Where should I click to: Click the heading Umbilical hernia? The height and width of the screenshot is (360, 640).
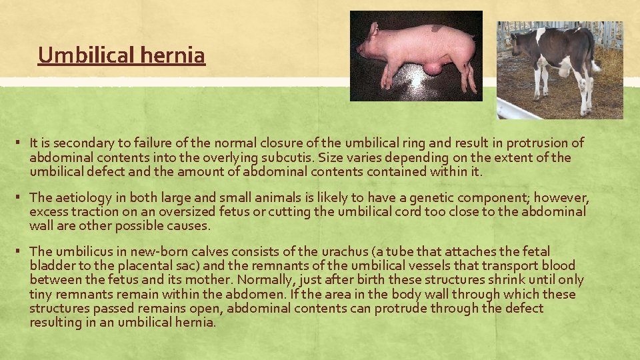121,55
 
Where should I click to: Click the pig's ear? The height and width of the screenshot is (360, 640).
375,29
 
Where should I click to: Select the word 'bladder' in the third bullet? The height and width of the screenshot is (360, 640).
52,265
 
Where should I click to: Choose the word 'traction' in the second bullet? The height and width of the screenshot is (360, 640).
87,211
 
